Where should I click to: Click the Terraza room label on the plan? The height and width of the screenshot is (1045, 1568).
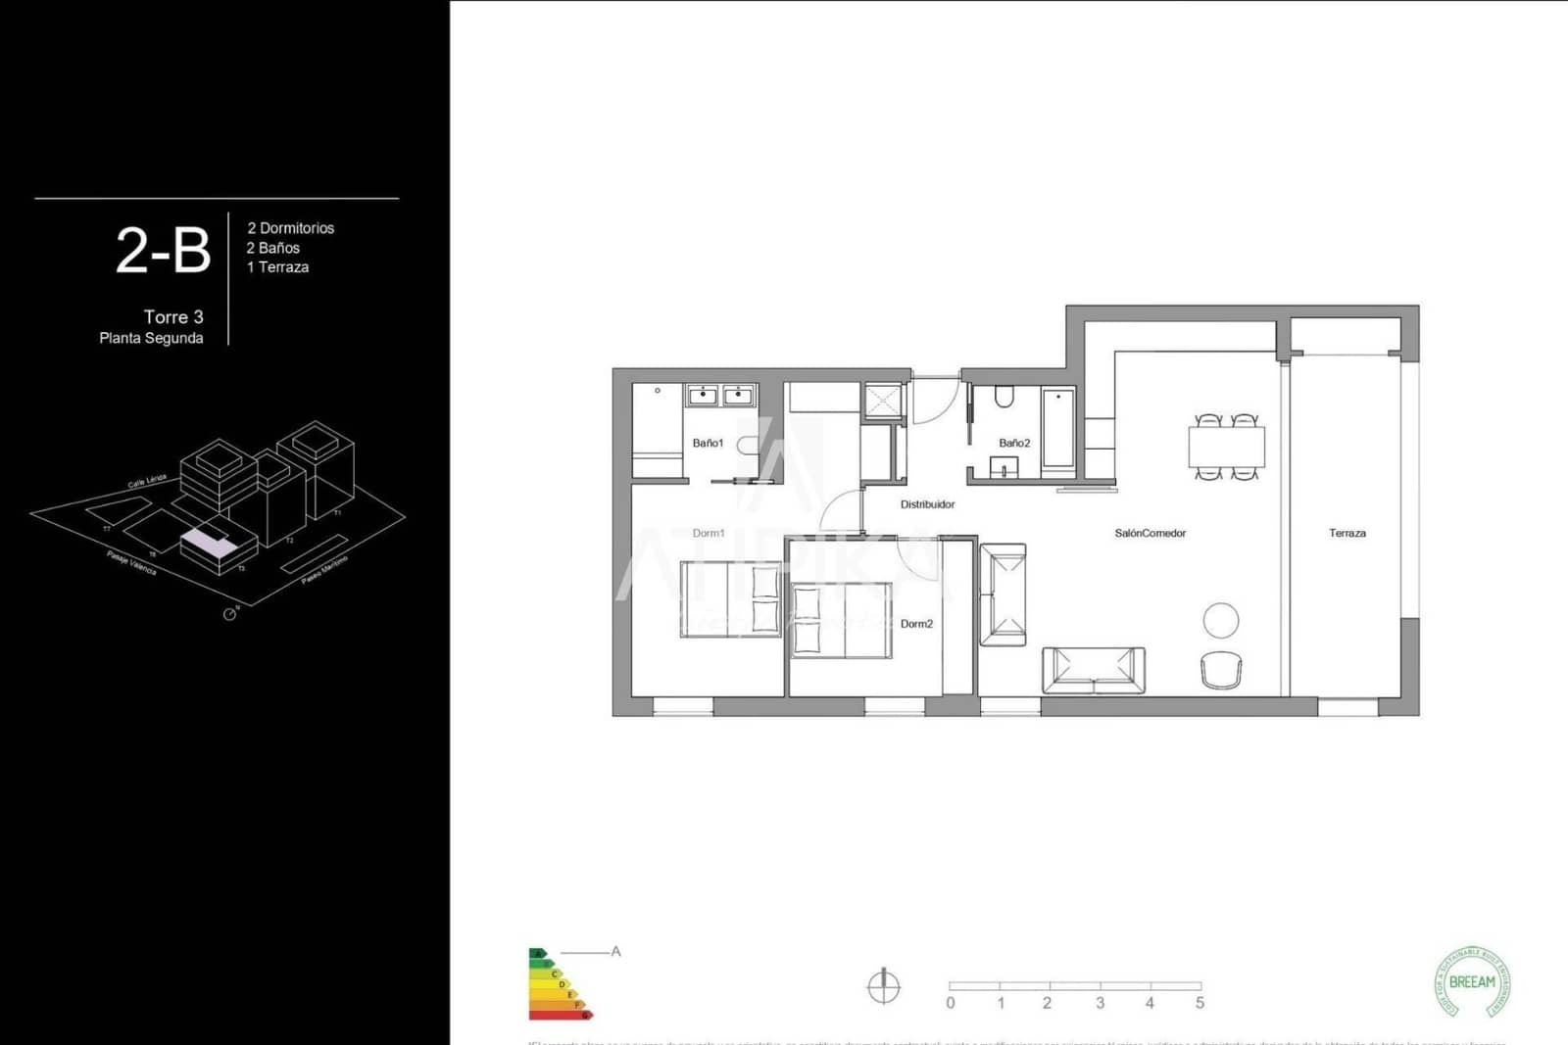tap(1347, 533)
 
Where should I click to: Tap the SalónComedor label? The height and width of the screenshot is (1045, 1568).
tap(1150, 533)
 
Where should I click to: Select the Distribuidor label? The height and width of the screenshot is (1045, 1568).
tap(927, 504)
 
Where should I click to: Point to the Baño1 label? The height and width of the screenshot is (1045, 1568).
tap(708, 443)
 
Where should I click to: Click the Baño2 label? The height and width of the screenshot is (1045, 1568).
tap(1014, 443)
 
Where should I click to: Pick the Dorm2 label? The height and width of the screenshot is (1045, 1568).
tap(916, 624)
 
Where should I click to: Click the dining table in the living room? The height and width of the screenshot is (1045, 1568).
tap(1226, 448)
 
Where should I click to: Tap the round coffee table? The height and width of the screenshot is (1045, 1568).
tap(1220, 620)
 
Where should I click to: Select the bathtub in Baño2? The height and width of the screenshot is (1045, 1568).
tap(1057, 429)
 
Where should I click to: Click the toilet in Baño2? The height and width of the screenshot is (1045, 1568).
tap(1003, 397)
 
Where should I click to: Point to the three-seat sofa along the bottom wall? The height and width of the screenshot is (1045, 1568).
tap(1093, 670)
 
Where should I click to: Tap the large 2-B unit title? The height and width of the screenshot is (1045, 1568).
tap(163, 251)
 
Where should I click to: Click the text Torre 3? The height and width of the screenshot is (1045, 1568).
tap(173, 316)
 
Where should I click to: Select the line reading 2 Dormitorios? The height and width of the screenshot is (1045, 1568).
tap(290, 228)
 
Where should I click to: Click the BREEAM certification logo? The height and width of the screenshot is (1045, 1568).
tap(1471, 981)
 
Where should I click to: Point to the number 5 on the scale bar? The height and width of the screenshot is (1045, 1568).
tap(1200, 1003)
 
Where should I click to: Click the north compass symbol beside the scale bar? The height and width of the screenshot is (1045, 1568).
tap(883, 986)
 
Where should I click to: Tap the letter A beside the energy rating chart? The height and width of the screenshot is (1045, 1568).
tap(615, 951)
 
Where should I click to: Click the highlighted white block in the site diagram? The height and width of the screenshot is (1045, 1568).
tap(208, 542)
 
